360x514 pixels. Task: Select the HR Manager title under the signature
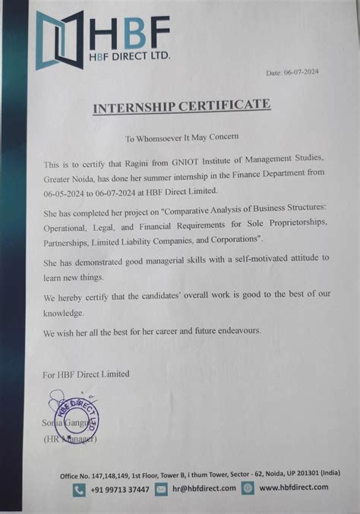[69, 439]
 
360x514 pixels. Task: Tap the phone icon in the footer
[79, 490]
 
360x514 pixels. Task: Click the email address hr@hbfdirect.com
[203, 490]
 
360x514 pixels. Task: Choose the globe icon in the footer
[247, 490]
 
